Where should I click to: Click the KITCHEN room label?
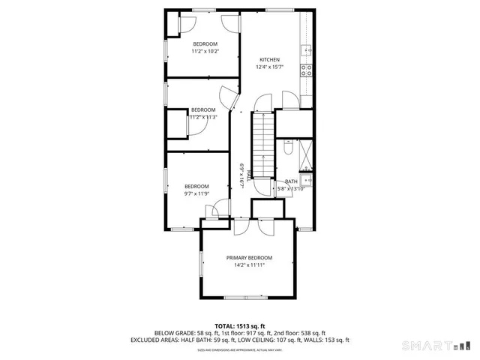[269, 60]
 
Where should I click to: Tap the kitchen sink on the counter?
[306, 51]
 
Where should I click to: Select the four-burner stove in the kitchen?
[306, 70]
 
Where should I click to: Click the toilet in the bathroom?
[288, 149]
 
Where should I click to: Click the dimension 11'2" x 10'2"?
[205, 52]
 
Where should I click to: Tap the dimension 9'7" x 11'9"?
[196, 193]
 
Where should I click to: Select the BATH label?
[291, 181]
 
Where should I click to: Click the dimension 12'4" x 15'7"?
[269, 67]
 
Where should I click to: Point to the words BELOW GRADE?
[175, 333]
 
